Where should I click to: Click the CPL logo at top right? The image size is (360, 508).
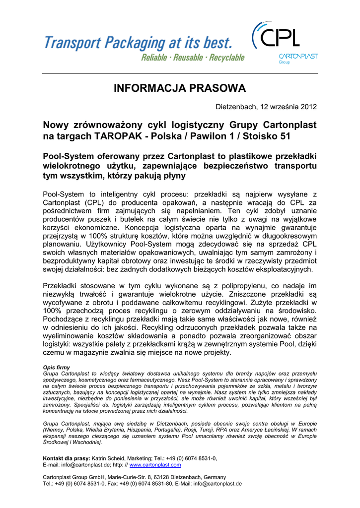pos(278,37)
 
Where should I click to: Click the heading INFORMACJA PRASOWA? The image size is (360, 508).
pos(180,88)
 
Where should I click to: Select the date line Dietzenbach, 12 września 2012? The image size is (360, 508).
pos(266,107)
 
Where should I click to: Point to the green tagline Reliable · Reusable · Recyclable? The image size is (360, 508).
pos(193,58)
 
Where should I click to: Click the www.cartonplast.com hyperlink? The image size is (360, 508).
pos(155,465)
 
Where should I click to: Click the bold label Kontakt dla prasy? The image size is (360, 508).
pos(67,458)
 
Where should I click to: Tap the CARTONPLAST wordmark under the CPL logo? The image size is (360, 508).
pos(298,56)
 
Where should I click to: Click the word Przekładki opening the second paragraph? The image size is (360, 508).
pos(64,286)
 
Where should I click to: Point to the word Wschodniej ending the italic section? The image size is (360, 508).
pos(86,442)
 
